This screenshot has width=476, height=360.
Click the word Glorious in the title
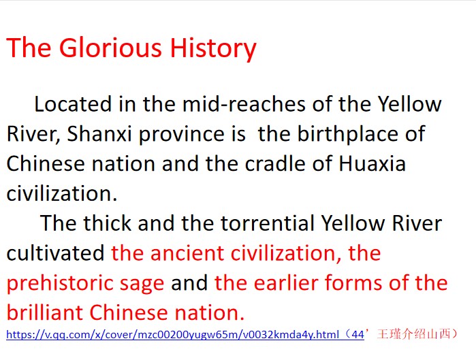110,48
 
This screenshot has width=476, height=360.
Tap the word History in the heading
212,48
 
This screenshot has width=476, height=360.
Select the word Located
73,104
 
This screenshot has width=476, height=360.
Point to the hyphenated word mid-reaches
244,104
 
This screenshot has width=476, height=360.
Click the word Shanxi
99,134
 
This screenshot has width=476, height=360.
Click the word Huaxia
372,163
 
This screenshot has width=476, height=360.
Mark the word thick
108,223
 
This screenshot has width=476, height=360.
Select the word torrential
268,223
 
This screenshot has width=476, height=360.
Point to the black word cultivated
56,252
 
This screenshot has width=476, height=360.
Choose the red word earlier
285,282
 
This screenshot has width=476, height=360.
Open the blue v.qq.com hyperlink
185,335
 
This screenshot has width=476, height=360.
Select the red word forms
353,282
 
